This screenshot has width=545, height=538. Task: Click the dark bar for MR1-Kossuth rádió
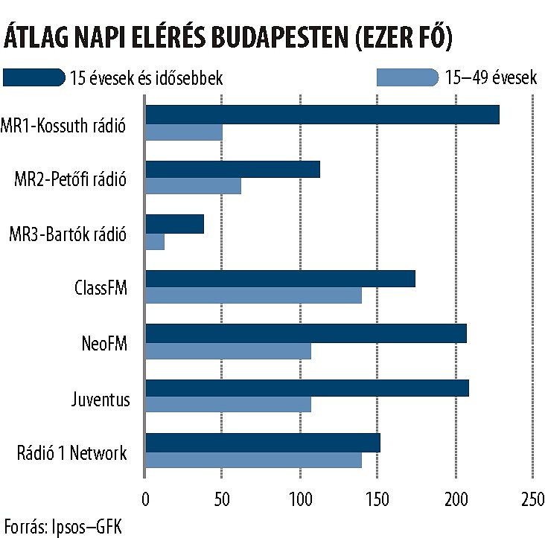click(x=322, y=115)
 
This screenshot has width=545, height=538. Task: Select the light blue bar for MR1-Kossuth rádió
click(x=184, y=132)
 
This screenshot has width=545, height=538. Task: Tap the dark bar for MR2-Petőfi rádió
click(x=232, y=169)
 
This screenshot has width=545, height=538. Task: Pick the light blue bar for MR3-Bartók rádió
click(x=155, y=242)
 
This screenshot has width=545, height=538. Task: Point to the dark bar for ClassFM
click(x=280, y=279)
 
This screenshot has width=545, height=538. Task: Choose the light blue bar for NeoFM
click(x=228, y=351)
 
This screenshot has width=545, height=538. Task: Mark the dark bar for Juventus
click(x=307, y=388)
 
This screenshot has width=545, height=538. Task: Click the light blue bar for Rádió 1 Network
click(x=253, y=461)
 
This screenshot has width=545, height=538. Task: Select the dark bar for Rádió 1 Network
click(x=263, y=442)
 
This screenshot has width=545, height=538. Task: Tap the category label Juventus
click(x=101, y=400)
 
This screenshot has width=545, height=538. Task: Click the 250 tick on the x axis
click(x=533, y=497)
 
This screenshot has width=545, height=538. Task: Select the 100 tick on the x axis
click(x=300, y=497)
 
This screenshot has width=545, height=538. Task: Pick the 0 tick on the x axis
click(x=145, y=497)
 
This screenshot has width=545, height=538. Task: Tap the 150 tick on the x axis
click(x=377, y=497)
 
